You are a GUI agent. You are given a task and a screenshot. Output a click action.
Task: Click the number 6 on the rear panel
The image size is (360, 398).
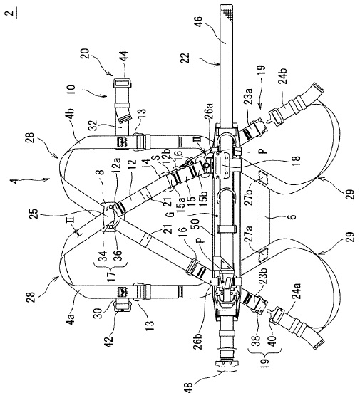tap(293, 216)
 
